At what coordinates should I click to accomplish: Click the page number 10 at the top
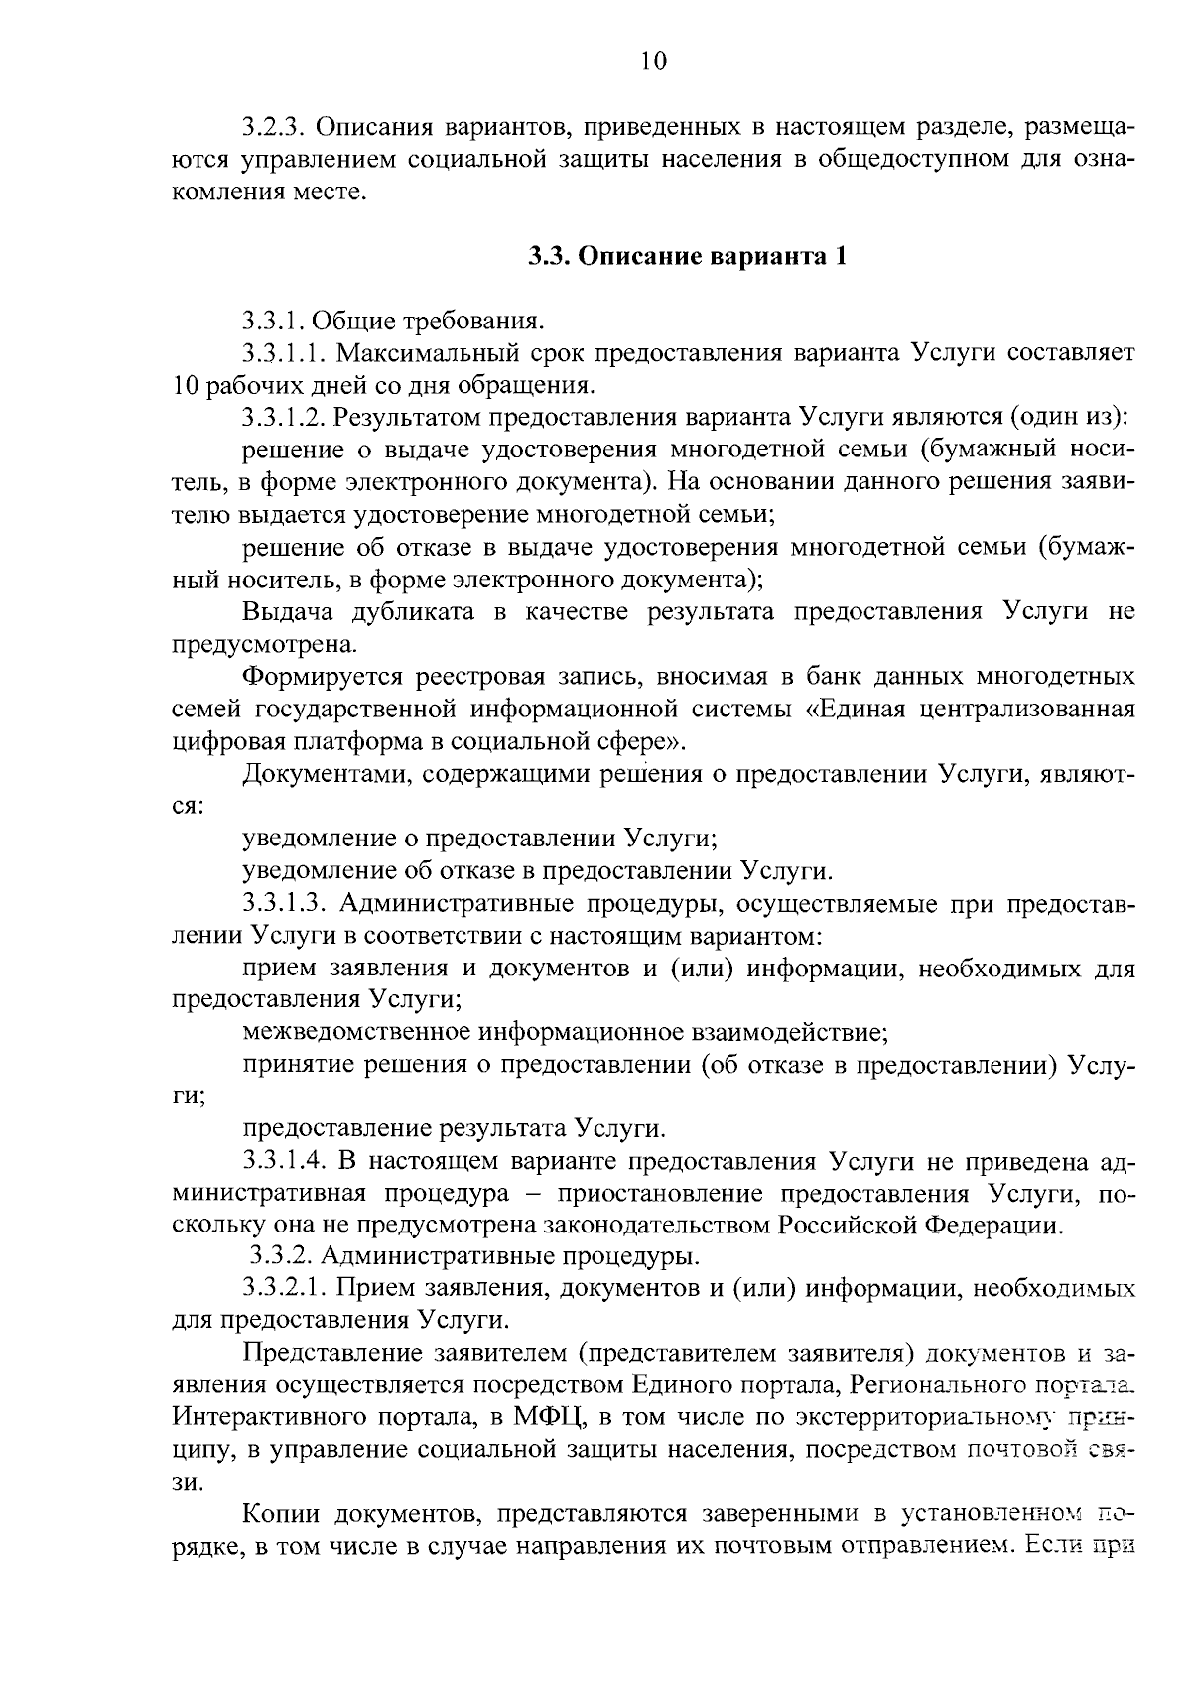click(x=653, y=63)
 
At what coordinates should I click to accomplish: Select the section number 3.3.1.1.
click(x=284, y=353)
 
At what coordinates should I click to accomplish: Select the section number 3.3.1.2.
click(x=284, y=418)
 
